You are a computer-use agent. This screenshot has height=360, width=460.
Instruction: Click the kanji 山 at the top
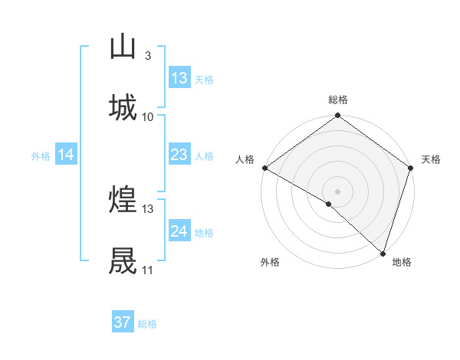coord(123,47)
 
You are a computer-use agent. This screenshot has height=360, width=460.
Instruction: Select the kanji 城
coord(123,108)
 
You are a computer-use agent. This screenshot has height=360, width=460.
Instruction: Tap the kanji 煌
coord(123,201)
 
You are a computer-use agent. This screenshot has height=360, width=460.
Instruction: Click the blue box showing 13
coord(179,78)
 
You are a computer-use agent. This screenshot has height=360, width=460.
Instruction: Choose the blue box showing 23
coord(179,155)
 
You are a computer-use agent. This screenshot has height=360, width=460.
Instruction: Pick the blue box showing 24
coord(179,232)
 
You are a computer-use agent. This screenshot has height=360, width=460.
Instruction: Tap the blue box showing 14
coord(66,155)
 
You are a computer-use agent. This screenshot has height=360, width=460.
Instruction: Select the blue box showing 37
coord(123,322)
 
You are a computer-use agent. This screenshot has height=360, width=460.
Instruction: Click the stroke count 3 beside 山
coord(147,56)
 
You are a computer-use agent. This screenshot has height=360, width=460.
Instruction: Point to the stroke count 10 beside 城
coord(148,117)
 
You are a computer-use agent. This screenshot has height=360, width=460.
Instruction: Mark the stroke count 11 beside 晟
coord(148,270)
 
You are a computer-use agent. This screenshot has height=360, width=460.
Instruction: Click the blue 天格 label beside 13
coord(204,79)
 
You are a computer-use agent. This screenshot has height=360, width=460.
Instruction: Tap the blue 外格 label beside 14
coord(41,156)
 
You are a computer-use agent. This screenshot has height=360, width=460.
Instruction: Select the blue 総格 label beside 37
coord(147,324)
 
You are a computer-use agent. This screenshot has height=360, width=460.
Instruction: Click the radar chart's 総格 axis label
coord(338,100)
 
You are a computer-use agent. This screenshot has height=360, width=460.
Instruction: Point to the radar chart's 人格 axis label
coord(245,159)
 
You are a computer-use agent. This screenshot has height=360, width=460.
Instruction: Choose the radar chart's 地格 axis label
coord(402,262)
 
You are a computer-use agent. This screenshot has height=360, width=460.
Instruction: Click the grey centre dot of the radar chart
coord(337,190)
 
